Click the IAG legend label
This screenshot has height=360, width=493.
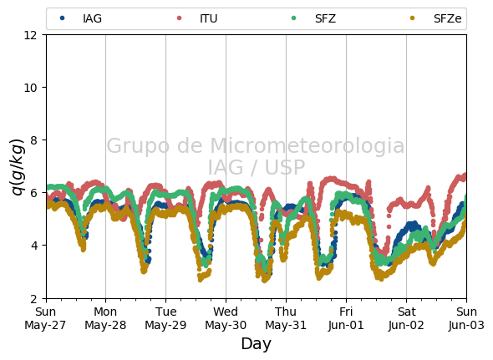[92, 18]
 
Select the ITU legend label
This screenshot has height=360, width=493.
[208, 18]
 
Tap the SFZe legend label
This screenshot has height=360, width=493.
[447, 18]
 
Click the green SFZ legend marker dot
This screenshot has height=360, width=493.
[294, 18]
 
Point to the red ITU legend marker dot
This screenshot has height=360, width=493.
[179, 18]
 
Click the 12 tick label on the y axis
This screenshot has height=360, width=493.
[30, 35]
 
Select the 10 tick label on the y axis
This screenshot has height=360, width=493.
[30, 88]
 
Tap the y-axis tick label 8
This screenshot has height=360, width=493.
[34, 140]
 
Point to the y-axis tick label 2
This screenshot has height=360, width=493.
[34, 298]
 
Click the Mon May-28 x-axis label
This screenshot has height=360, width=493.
[105, 318]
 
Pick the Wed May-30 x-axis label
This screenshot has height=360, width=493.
[226, 318]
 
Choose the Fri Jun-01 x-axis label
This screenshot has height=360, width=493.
[346, 318]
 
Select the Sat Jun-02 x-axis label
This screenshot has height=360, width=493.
[406, 318]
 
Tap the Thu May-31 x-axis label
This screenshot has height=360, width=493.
[286, 318]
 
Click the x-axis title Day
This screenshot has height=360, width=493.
[256, 343]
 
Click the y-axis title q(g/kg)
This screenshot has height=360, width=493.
[18, 167]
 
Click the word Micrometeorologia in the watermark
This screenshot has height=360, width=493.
[307, 146]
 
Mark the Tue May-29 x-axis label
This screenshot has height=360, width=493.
[165, 318]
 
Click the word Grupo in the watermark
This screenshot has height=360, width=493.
[139, 146]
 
